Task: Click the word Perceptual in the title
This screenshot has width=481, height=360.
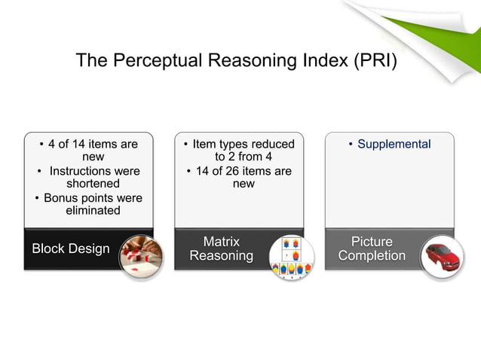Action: pos(157,61)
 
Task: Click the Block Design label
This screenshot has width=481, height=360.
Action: pos(70,249)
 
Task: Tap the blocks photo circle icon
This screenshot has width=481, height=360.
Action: pos(141,255)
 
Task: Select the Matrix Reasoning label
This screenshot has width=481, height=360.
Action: pos(221,249)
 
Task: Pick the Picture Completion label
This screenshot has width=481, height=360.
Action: pos(372,249)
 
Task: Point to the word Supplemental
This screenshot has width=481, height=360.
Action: pos(394,144)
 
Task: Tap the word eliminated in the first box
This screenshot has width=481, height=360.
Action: pos(93,211)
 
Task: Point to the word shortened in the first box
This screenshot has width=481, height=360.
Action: pos(93,184)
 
